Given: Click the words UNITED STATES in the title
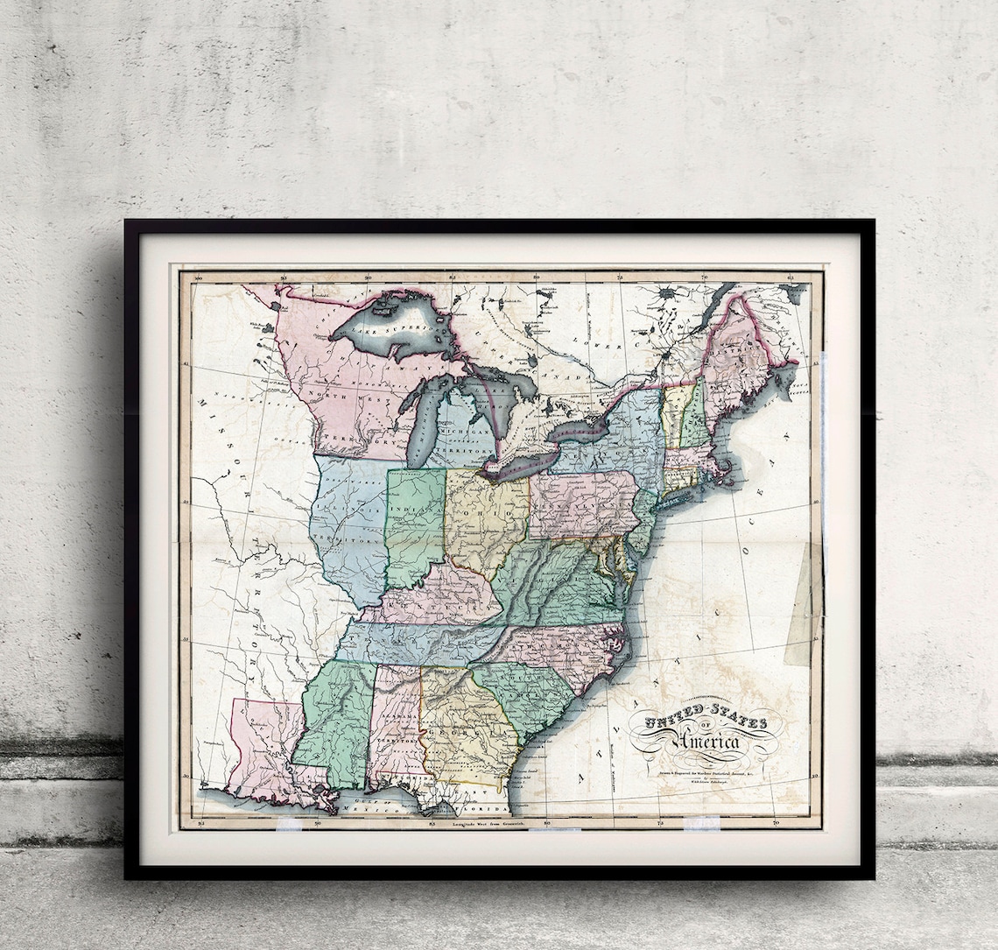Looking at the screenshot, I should pyautogui.click(x=705, y=722).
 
